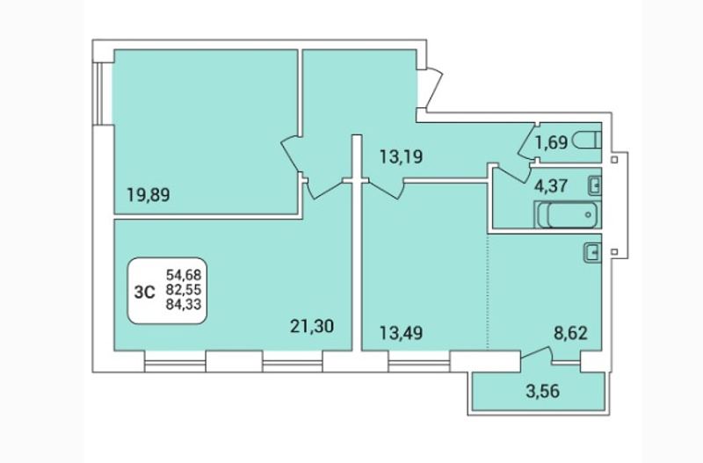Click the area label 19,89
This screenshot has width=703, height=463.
pyautogui.click(x=149, y=195)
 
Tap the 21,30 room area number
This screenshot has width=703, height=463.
pyautogui.click(x=312, y=326)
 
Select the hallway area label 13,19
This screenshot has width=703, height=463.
pyautogui.click(x=402, y=157)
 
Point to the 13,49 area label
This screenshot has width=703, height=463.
pyautogui.click(x=402, y=333)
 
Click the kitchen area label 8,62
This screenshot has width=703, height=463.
pyautogui.click(x=570, y=333)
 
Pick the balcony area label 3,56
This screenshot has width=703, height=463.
pyautogui.click(x=542, y=391)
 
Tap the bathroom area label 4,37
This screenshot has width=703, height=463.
pyautogui.click(x=551, y=185)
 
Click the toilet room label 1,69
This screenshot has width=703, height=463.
pyautogui.click(x=552, y=142)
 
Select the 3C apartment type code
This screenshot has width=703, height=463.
pyautogui.click(x=145, y=293)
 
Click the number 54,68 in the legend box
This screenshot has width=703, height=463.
pyautogui.click(x=184, y=274)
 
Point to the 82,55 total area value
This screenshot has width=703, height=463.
pyautogui.click(x=184, y=290)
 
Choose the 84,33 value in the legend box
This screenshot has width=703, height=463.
pyautogui.click(x=184, y=304)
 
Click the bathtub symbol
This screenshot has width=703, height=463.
pyautogui.click(x=568, y=214)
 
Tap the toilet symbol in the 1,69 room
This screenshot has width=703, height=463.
pyautogui.click(x=586, y=141)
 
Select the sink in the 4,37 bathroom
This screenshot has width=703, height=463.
pyautogui.click(x=595, y=186)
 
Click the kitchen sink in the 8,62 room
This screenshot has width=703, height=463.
pyautogui.click(x=592, y=252)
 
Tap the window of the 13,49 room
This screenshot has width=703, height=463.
pyautogui.click(x=419, y=362)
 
